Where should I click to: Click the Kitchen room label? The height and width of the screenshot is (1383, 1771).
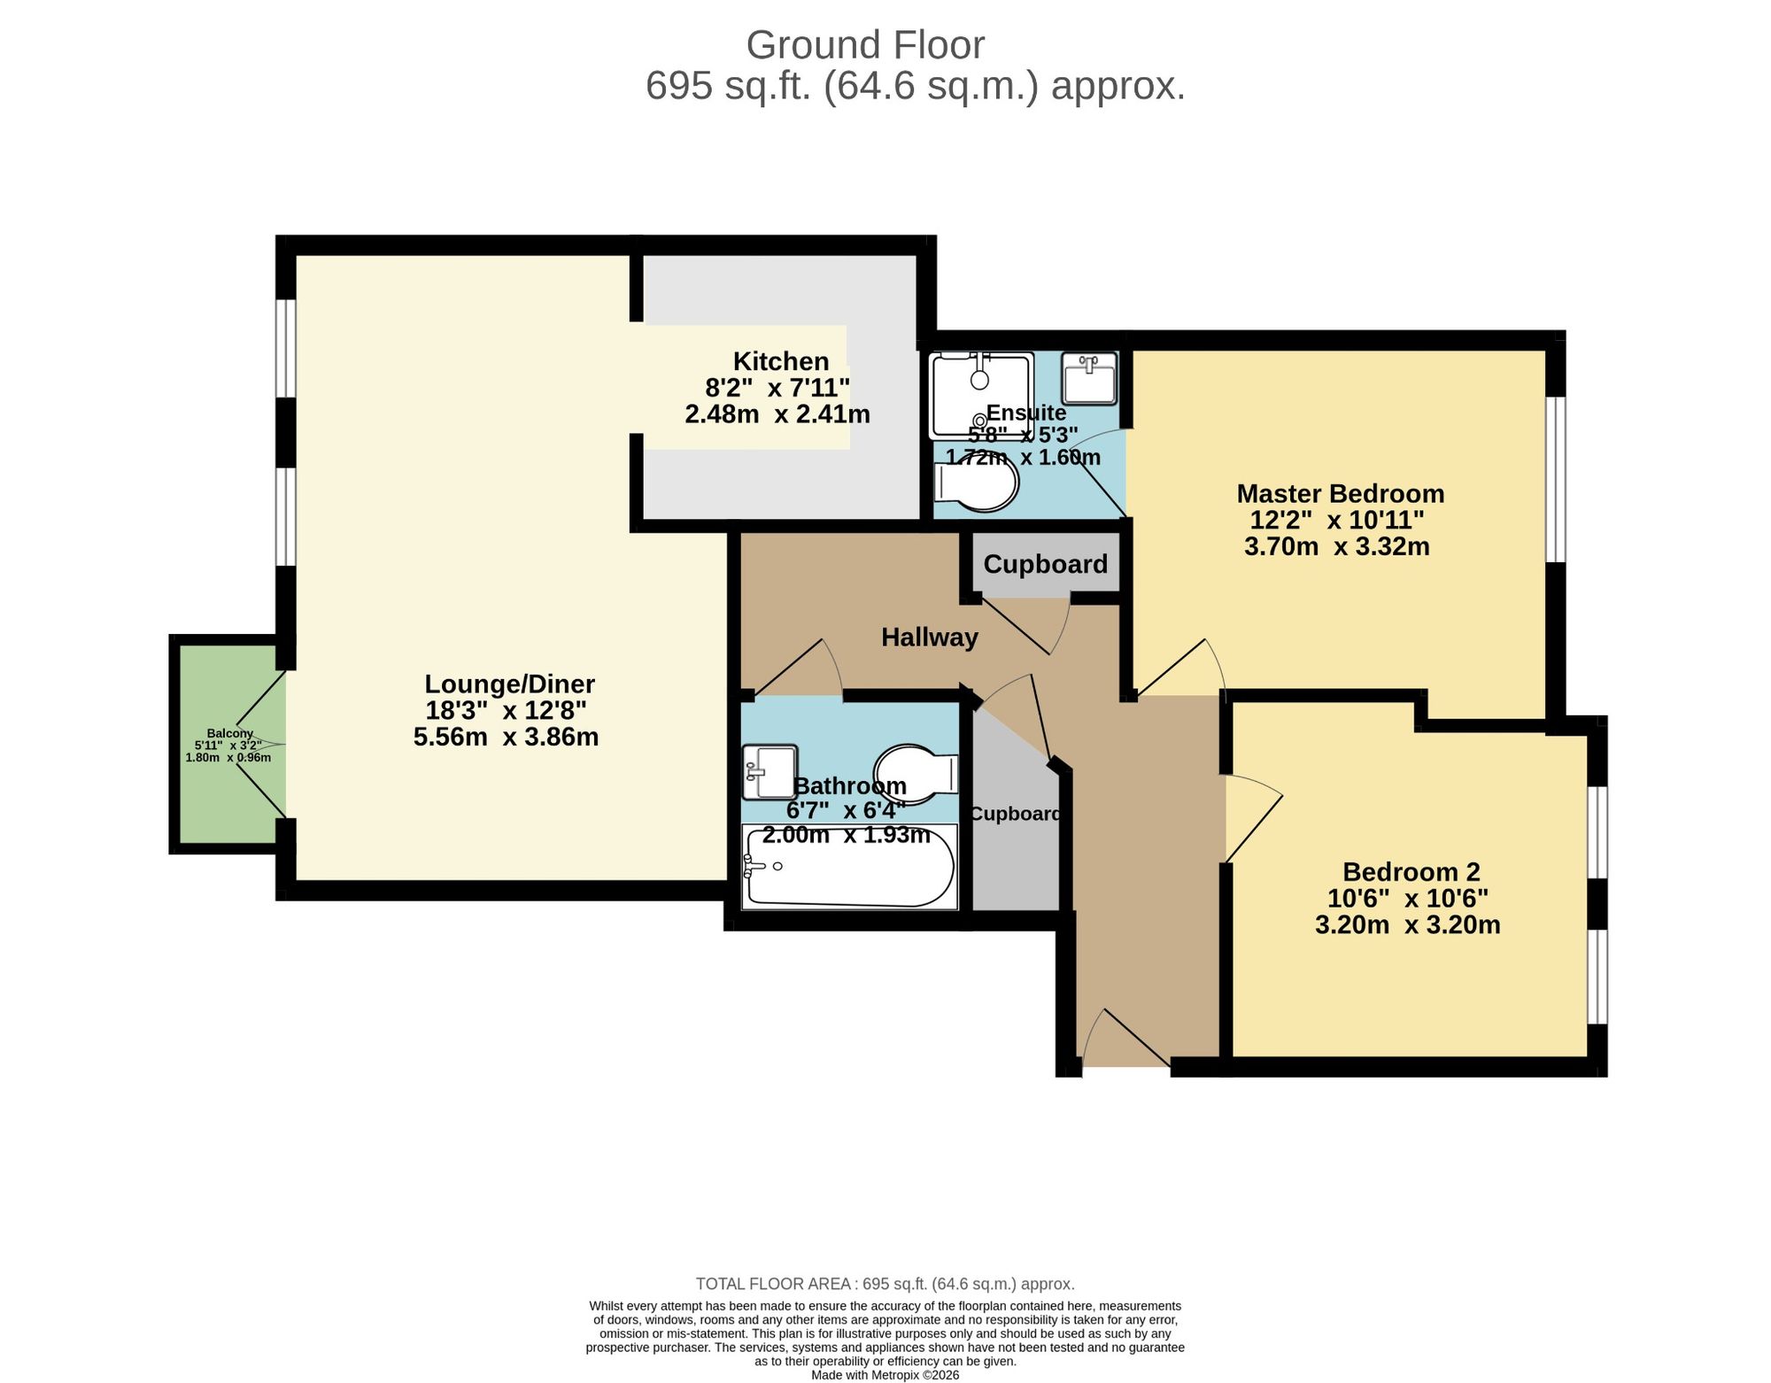pyautogui.click(x=781, y=361)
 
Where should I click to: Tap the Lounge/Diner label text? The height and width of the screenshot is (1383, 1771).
pyautogui.click(x=509, y=684)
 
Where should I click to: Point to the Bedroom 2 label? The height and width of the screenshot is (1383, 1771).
pyautogui.click(x=1411, y=872)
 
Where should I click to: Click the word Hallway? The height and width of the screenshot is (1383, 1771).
pyautogui.click(x=930, y=637)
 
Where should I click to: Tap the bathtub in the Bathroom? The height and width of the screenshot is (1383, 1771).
pyautogui.click(x=849, y=868)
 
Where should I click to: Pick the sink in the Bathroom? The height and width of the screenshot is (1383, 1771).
pyautogui.click(x=770, y=771)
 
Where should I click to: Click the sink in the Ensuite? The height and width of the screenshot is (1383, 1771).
pyautogui.click(x=1090, y=378)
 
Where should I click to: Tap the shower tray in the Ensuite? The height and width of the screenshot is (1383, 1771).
pyautogui.click(x=981, y=396)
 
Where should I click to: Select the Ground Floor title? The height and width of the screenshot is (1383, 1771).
pyautogui.click(x=865, y=45)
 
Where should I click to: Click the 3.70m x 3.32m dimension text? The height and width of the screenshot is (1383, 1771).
pyautogui.click(x=1336, y=547)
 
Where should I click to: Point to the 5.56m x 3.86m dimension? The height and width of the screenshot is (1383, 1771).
pyautogui.click(x=507, y=737)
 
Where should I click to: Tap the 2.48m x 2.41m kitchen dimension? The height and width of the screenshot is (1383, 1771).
pyautogui.click(x=777, y=414)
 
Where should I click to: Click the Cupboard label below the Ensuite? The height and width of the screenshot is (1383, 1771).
pyautogui.click(x=1045, y=564)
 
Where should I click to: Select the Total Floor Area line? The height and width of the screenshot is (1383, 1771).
pyautogui.click(x=885, y=1284)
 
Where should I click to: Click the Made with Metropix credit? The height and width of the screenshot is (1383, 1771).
pyautogui.click(x=885, y=1375)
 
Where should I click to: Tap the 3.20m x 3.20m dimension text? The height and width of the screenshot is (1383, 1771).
pyautogui.click(x=1408, y=925)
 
